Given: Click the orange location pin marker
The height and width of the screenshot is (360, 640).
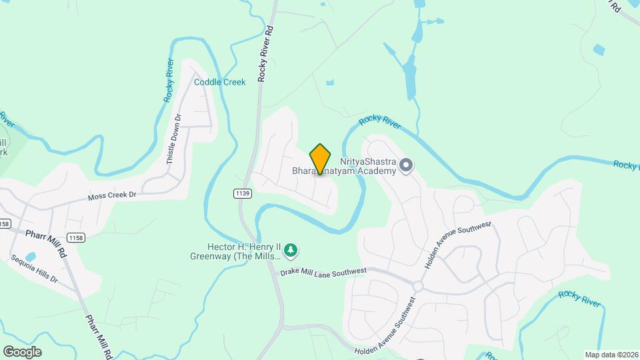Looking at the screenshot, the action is point(321,159).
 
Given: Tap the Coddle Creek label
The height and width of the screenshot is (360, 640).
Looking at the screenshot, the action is point(219,82).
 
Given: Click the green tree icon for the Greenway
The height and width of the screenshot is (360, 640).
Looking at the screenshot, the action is point(290,251).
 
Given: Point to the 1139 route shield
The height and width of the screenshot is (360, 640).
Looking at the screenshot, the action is point(243,193).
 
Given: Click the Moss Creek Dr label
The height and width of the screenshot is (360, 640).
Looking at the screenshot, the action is point(112,196).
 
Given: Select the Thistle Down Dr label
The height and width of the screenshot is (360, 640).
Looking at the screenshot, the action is point(174,139).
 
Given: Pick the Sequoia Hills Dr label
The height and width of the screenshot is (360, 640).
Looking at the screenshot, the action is point(34,269).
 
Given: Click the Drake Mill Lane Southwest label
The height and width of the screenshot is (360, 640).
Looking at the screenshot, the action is point(323,271).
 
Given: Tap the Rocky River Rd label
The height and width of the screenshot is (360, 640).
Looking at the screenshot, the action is point(266,53).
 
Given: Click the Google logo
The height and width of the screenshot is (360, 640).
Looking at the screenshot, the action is point(22,351).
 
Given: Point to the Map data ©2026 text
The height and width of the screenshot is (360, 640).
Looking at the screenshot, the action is point(611,355).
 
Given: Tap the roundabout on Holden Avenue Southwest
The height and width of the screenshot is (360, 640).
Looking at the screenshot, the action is point(418,286).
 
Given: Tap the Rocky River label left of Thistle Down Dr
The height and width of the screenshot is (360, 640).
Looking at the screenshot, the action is point(169,81).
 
